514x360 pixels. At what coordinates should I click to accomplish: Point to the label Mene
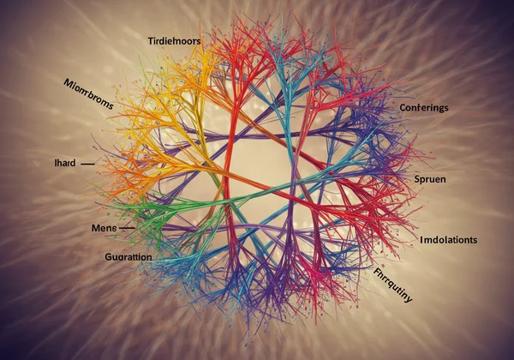click(103, 228)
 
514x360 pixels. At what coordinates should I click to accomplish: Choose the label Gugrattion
click(117, 256)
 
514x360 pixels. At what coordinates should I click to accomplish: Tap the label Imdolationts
click(448, 239)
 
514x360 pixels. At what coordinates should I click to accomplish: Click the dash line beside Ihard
click(87, 161)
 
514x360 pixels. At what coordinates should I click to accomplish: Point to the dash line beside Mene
click(127, 228)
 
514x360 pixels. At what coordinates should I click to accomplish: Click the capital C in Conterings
click(403, 107)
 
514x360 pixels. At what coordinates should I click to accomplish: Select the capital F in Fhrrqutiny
click(377, 272)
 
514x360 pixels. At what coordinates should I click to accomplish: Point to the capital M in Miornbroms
click(69, 82)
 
